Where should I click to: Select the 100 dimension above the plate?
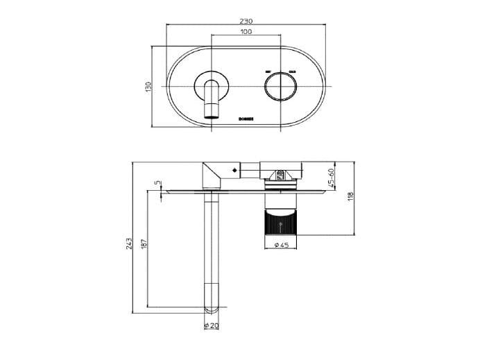(x=246, y=32)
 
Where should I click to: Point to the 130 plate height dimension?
(x=148, y=87)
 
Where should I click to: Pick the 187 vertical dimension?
(x=144, y=246)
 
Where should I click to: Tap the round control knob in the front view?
(x=280, y=87)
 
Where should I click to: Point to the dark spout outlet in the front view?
(x=211, y=112)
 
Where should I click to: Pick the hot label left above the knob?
(x=268, y=71)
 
